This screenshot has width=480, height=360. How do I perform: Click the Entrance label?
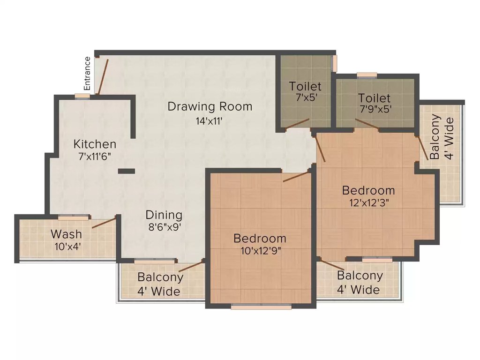pos(88,74)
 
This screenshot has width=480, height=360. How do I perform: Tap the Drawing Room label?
pos(210,106)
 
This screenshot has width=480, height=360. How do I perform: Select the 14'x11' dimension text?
pos(209,121)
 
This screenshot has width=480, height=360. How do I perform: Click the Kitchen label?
pos(95,144)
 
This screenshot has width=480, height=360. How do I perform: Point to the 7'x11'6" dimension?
pos(95,157)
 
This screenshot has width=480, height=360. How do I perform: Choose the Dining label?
pos(164,215)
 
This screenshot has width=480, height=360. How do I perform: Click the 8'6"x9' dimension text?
pos(165,227)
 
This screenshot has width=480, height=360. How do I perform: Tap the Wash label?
pos(67,234)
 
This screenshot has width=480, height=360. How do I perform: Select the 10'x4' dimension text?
pos(67,247)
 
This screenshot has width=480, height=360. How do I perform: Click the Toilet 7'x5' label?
pos(305,91)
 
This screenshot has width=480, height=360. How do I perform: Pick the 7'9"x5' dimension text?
pos(375,109)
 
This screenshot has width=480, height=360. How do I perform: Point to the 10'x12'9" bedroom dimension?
pos(261,251)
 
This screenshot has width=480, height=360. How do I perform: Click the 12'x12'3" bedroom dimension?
pos(369,202)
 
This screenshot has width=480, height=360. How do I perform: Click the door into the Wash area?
pos(104,222)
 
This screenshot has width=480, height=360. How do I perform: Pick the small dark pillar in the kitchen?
pos(127,172)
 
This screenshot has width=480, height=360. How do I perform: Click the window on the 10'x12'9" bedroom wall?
pos(261,307)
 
